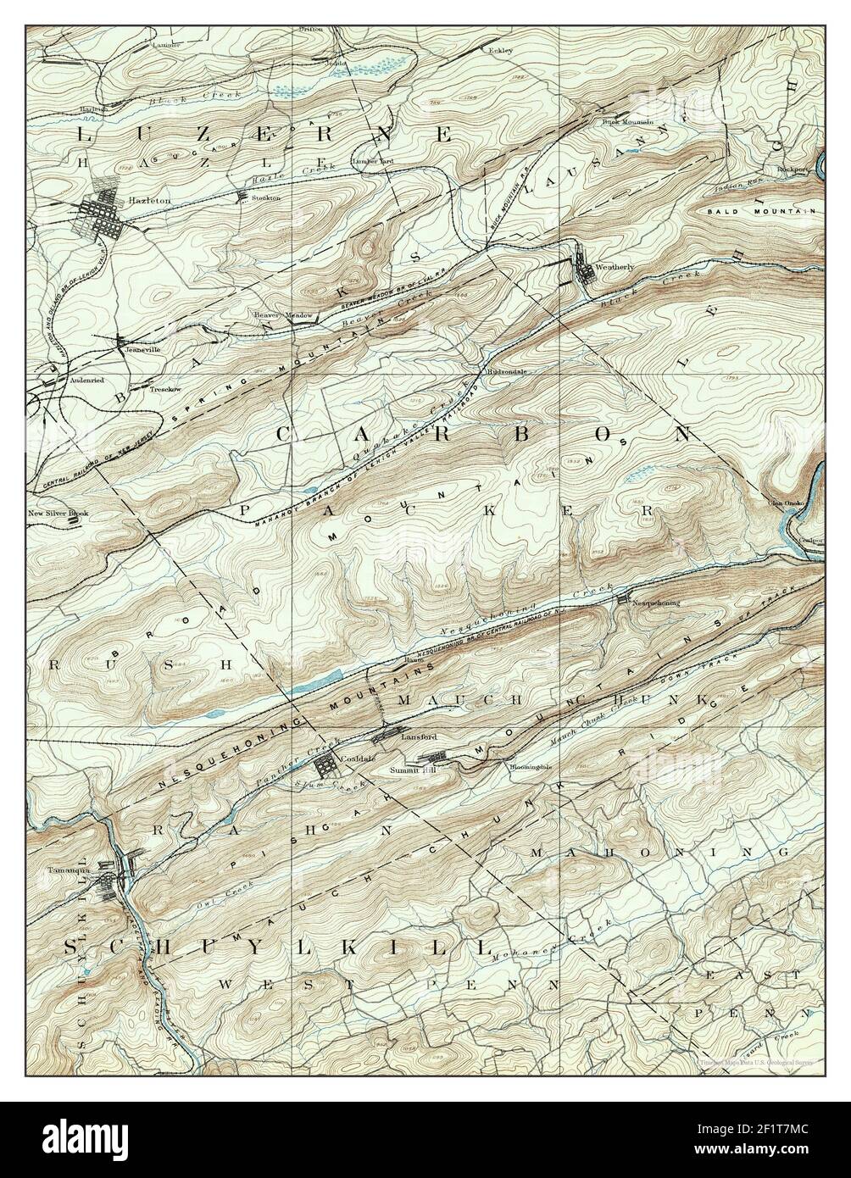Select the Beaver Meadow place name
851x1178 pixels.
(282, 315)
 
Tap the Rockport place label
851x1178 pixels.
(793, 169)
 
